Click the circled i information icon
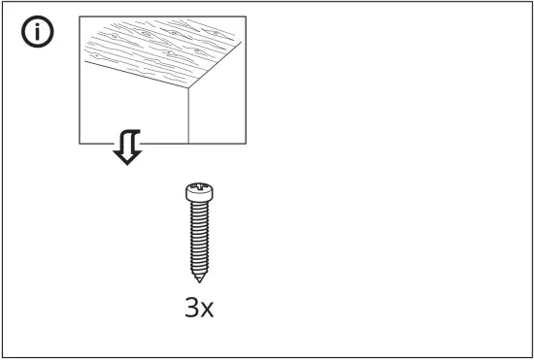38,34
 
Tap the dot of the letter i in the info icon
38,27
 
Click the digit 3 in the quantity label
190,309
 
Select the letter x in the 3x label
207,311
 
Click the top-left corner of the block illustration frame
80,16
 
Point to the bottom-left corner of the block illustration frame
80,144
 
